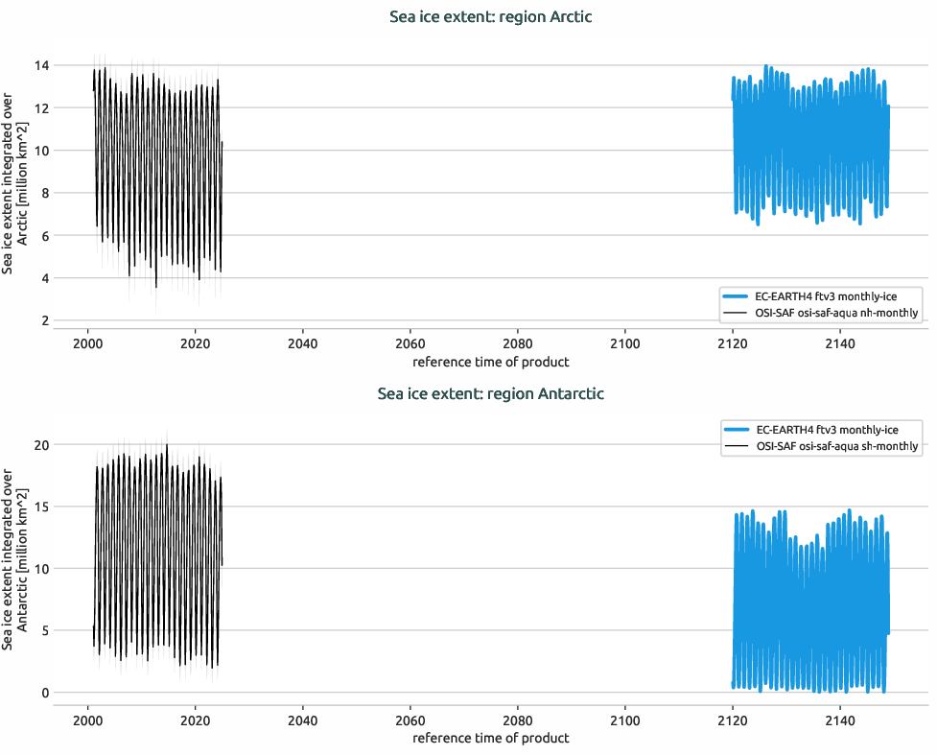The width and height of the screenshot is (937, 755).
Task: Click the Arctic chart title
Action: coord(490,17)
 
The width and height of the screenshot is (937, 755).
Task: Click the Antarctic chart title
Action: coord(490,393)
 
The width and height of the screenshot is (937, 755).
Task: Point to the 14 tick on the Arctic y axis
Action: coord(41,65)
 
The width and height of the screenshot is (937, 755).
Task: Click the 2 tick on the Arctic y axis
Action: coord(44,320)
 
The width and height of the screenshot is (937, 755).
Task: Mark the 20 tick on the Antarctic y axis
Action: coord(40,445)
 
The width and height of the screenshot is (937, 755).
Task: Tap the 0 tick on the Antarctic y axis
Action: coord(44,693)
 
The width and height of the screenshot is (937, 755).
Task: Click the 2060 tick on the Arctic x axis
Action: coord(410,344)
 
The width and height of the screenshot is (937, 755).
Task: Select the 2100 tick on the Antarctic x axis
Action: coord(624,720)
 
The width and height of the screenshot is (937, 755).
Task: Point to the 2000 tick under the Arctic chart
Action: coord(87,344)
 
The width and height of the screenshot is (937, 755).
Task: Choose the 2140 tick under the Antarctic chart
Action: coord(839,720)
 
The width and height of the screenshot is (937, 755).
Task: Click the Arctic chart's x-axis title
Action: coord(490,363)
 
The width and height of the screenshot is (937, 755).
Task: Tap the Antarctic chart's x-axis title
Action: coord(490,739)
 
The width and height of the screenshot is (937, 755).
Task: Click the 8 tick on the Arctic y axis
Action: coord(44,193)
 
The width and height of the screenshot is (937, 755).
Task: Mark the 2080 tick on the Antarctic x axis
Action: coord(517,720)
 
